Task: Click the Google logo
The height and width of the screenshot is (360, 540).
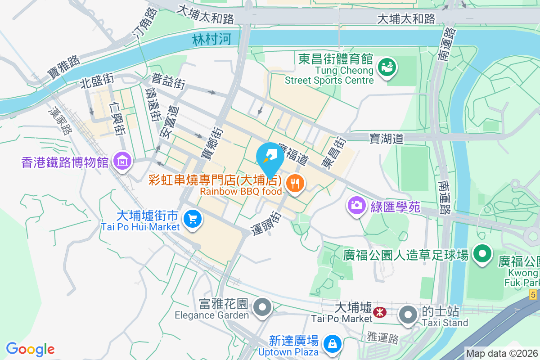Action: click(x=30, y=349)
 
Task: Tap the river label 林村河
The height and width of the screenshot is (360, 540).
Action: click(x=211, y=39)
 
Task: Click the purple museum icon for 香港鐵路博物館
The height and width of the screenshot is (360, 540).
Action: click(x=122, y=160)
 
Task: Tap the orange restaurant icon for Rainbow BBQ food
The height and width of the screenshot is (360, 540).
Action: click(x=295, y=183)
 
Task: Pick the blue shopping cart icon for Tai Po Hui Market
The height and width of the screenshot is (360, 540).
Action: click(x=193, y=219)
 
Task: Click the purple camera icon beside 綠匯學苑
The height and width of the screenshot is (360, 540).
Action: click(x=356, y=206)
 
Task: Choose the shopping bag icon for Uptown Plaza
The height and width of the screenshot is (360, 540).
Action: click(x=332, y=344)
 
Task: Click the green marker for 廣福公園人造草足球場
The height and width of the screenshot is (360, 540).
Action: click(x=482, y=253)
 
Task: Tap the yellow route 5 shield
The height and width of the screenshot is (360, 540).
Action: click(x=533, y=295)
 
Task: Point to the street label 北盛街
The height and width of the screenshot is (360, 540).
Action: click(x=97, y=81)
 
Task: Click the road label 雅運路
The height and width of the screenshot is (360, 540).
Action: click(x=382, y=337)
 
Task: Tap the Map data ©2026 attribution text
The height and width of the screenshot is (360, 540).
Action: click(x=501, y=354)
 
